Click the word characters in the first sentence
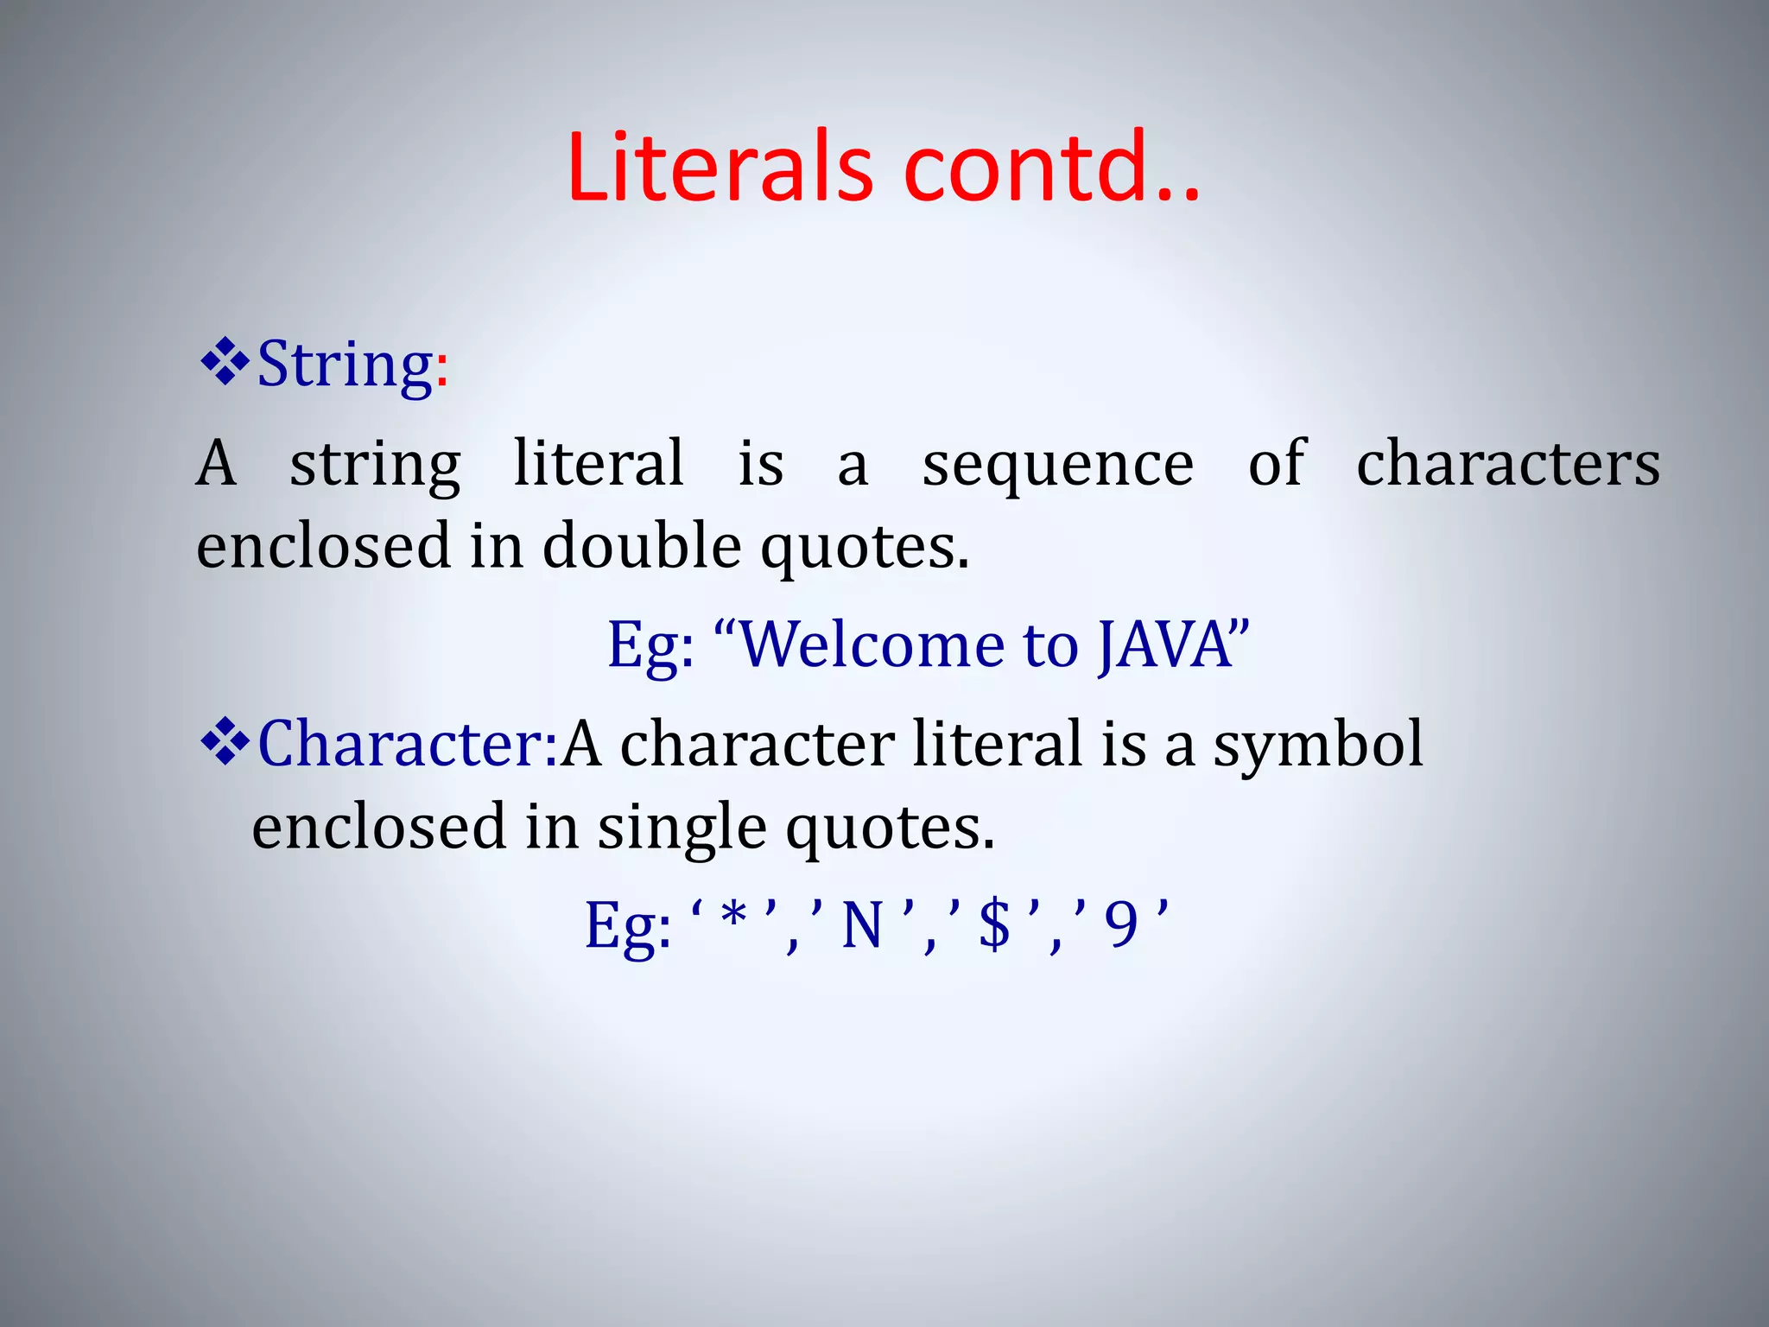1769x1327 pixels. click(1507, 465)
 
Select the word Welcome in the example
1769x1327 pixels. click(873, 646)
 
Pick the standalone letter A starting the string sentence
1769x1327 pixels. click(216, 465)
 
